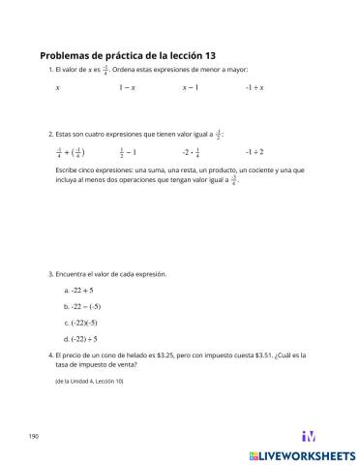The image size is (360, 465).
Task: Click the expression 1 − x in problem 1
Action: (127, 87)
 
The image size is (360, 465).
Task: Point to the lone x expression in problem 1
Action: (58, 87)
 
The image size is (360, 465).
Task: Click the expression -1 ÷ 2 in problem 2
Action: (255, 152)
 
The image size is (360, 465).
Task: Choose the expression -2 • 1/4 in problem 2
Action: (191, 152)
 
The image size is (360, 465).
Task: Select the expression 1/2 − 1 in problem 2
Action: (128, 152)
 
